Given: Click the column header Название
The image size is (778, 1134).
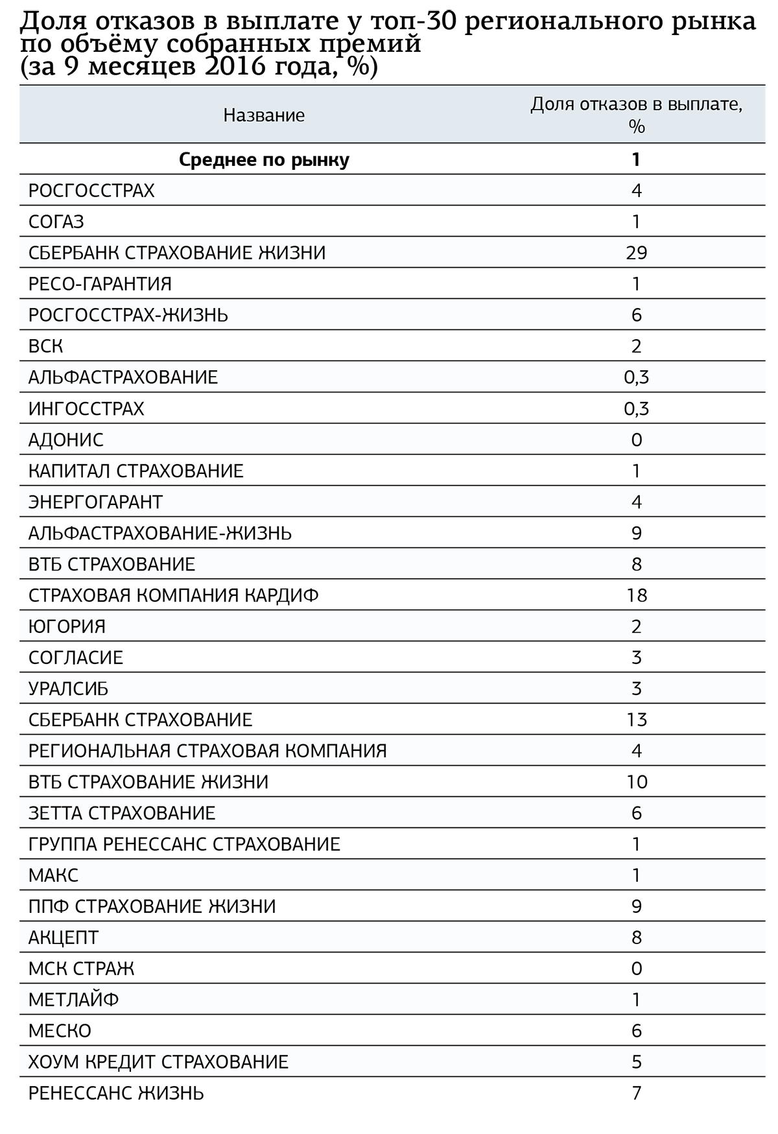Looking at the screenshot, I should coord(264,115).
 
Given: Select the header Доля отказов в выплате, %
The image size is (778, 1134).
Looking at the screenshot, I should coord(636,114).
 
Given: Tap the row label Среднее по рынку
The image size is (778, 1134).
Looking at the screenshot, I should coord(264,159).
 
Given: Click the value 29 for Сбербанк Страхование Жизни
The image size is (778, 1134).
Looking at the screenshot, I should coord(636,253).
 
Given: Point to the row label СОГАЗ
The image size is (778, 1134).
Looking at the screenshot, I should coord(56,222).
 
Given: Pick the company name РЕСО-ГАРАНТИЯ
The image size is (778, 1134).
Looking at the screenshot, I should coord(100,284).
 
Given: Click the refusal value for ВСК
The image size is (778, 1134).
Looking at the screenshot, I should coord(636,346).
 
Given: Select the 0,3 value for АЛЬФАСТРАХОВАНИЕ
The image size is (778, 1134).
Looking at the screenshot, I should coord(636,377).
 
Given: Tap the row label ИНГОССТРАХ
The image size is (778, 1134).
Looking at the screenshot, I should coord(86,408).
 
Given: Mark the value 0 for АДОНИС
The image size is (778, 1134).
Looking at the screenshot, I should coord(636,440).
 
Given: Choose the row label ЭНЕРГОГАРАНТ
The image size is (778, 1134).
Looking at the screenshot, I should coord(95,502).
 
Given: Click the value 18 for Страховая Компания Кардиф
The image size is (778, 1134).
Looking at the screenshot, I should coord(636,595).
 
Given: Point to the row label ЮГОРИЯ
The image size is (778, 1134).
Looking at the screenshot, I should coord(67,626).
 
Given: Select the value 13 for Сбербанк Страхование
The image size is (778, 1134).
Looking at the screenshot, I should coord(636,720).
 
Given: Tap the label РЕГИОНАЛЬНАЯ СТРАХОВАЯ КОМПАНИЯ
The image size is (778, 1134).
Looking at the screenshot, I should coord(207,751).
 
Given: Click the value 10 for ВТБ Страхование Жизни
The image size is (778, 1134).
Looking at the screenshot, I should coord(636,782).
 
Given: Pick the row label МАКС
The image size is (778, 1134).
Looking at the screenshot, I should coord(53,875).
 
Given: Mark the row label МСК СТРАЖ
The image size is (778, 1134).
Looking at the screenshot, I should coord(81,969).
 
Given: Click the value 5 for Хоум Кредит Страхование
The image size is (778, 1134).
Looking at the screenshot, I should coord(636,1062).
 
